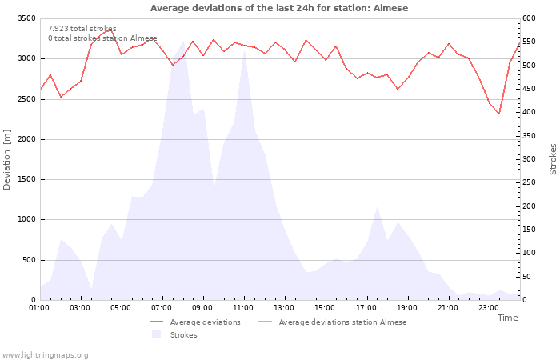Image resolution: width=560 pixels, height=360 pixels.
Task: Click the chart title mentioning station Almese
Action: click(279, 8)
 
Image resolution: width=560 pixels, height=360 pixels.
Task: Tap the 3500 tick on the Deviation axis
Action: click(26, 18)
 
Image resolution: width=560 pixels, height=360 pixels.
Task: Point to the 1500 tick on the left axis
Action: click(26, 179)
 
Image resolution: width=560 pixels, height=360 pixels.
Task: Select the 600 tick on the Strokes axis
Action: click(529, 18)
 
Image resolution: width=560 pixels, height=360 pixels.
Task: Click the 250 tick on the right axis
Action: click(529, 182)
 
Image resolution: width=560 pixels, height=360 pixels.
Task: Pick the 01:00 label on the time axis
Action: click(39, 308)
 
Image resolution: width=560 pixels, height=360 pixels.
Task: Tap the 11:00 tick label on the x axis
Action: click(243, 308)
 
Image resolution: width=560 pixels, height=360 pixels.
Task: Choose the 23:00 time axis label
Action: click(489, 308)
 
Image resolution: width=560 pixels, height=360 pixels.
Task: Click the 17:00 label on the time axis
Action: click(366, 308)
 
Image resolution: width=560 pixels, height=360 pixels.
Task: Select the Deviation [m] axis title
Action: click(6, 160)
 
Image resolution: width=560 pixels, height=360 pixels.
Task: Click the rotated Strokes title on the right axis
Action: click(553, 159)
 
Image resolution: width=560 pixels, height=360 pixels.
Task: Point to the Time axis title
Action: click(507, 318)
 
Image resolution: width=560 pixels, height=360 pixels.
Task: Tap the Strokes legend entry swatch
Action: click(157, 334)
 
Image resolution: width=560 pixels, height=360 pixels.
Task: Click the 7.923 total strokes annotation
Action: click(82, 29)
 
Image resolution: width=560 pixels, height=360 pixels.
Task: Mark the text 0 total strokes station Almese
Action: click(102, 38)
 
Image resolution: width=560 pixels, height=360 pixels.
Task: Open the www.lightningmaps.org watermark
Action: click(44, 355)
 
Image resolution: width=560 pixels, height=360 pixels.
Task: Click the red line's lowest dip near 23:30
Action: click(499, 114)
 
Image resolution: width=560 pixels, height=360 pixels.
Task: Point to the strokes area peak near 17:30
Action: click(377, 206)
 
